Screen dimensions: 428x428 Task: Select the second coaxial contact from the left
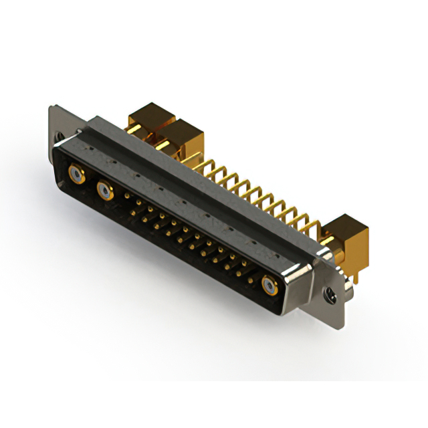tap(105, 193)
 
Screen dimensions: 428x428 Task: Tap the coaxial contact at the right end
tap(270, 287)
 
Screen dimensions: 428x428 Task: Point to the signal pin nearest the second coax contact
tap(128, 195)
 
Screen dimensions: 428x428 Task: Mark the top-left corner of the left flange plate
tap(49, 107)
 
